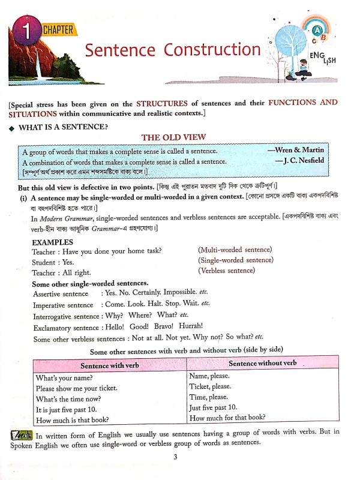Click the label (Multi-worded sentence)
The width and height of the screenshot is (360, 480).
235,249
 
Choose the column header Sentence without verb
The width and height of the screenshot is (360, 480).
263,363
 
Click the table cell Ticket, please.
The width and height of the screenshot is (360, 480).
210,386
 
